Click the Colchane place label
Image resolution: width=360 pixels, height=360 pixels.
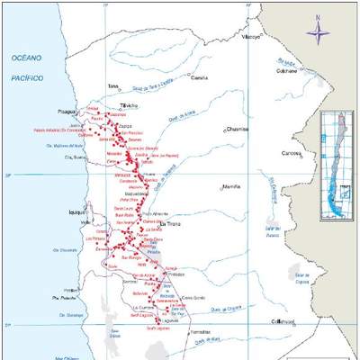(287, 71)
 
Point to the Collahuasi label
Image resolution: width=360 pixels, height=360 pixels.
(285, 321)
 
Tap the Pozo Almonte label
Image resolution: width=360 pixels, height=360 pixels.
(159, 212)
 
